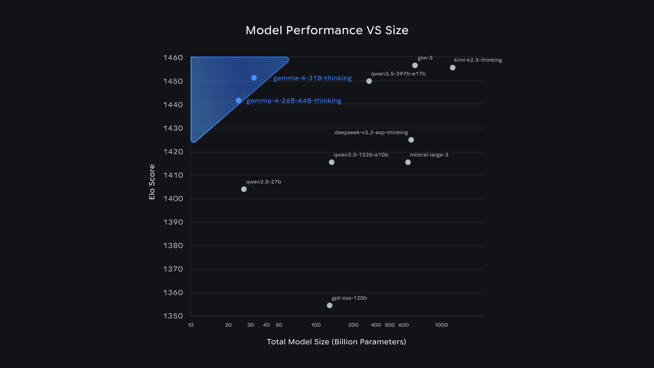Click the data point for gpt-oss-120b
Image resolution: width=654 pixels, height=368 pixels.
pos(330,305)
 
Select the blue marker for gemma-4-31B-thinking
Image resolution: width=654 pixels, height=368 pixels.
pos(254,78)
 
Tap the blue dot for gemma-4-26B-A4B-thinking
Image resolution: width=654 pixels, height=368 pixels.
pos(239,101)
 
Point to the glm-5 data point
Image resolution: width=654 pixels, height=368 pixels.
pos(415,65)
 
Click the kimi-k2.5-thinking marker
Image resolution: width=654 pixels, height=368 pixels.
pos(453,68)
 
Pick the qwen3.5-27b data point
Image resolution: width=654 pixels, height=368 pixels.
pos(244,189)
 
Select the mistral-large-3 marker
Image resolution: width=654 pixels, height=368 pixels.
pos(408,162)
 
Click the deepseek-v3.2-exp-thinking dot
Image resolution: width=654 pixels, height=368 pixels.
pos(411,140)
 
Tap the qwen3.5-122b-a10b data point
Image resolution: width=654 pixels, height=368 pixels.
pos(331,162)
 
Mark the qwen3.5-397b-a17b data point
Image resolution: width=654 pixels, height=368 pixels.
pos(369,81)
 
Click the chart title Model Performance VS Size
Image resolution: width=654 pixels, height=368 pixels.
pos(327,30)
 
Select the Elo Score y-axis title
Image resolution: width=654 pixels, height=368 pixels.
pos(152,182)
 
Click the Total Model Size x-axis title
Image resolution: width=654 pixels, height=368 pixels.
pos(336,342)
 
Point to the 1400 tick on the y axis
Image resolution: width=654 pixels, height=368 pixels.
pos(173,199)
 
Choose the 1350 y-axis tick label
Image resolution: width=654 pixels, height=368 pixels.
pos(173,316)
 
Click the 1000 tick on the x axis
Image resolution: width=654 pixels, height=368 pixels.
pos(441,325)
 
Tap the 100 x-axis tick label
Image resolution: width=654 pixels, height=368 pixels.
pos(316,325)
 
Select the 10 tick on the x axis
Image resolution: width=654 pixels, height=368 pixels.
pos(191,325)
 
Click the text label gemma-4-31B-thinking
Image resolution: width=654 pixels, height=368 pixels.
pos(312,78)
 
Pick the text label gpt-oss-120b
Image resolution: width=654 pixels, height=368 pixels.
pos(349,298)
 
